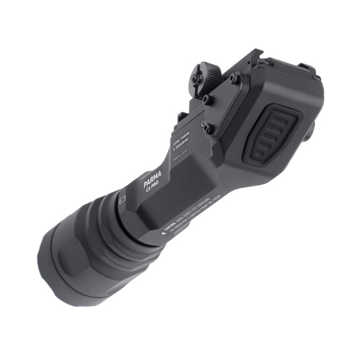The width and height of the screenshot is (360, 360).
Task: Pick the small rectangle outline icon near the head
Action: pos(123,195)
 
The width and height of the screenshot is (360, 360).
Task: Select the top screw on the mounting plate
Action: pos(236,80)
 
